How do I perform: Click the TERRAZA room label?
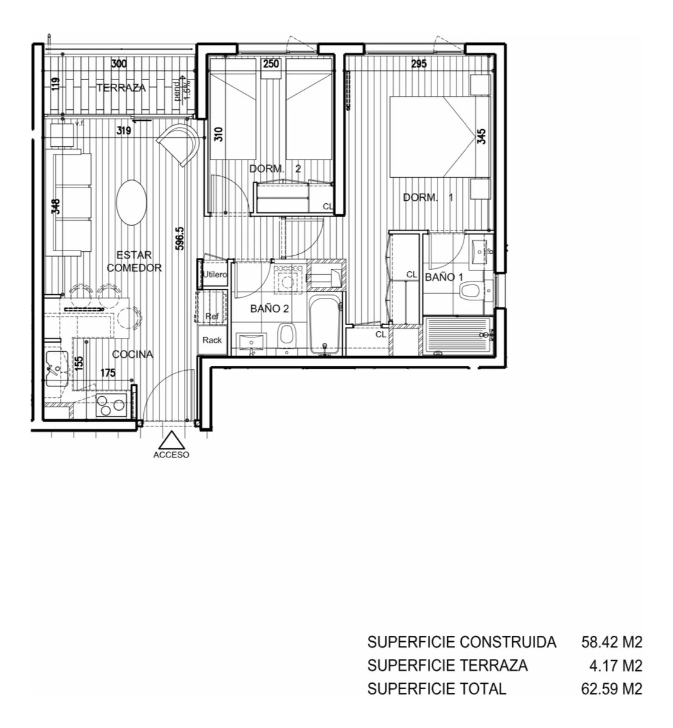[x=121, y=88]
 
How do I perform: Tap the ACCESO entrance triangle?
[x=172, y=440]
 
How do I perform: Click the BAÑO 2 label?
[x=269, y=308]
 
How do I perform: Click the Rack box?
[x=212, y=340]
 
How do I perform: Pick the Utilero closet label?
[x=215, y=275]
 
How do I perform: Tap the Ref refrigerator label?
[x=212, y=315]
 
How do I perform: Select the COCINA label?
[x=132, y=355]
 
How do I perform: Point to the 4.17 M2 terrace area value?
[x=615, y=666]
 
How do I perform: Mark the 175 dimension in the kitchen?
[x=107, y=373]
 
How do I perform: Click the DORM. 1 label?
[x=428, y=197]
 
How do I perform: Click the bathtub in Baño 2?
[x=326, y=325]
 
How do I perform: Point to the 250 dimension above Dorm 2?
[x=270, y=64]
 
